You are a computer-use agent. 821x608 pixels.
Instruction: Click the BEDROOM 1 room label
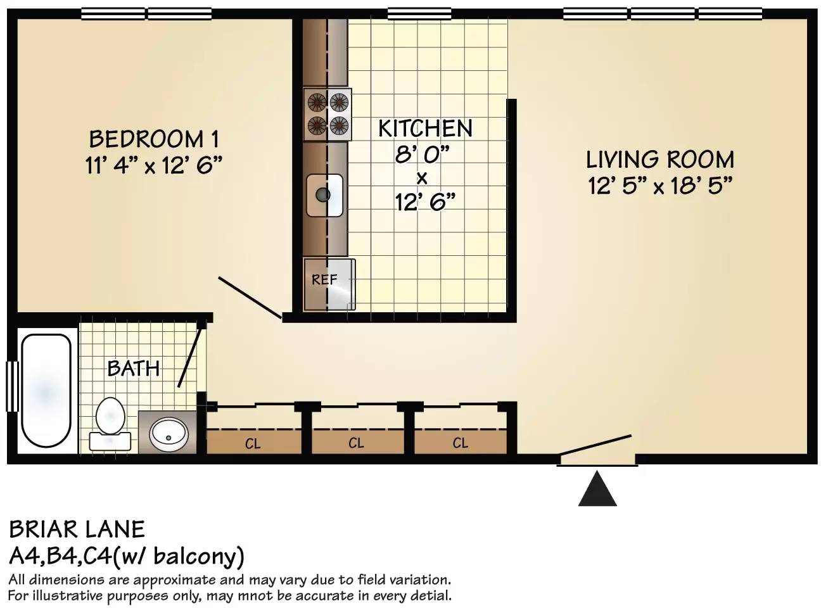click(x=154, y=139)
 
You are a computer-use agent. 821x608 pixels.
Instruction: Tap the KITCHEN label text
click(x=425, y=128)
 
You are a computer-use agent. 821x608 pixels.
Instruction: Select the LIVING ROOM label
click(x=660, y=160)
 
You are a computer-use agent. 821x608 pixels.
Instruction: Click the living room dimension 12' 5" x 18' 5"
click(x=660, y=186)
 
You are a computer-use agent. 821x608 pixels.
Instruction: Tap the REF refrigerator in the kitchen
click(x=329, y=284)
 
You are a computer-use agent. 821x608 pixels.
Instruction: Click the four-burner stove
click(x=328, y=114)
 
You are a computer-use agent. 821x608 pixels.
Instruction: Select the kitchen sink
click(x=324, y=195)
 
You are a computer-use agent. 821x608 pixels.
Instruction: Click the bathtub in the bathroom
click(x=46, y=390)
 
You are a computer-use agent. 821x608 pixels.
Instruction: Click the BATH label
click(x=134, y=369)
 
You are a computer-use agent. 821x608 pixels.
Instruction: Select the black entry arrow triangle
click(x=597, y=488)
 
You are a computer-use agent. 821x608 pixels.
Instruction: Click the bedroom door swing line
click(x=250, y=297)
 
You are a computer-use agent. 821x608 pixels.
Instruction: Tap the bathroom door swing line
click(x=190, y=357)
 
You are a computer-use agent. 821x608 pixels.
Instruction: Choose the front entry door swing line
click(x=595, y=445)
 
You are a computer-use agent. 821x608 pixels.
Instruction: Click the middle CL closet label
click(x=356, y=443)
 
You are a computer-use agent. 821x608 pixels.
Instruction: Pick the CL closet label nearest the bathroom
click(x=253, y=443)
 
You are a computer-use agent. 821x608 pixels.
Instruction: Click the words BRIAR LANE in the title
click(x=77, y=529)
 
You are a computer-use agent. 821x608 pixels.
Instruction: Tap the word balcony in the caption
click(x=198, y=557)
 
